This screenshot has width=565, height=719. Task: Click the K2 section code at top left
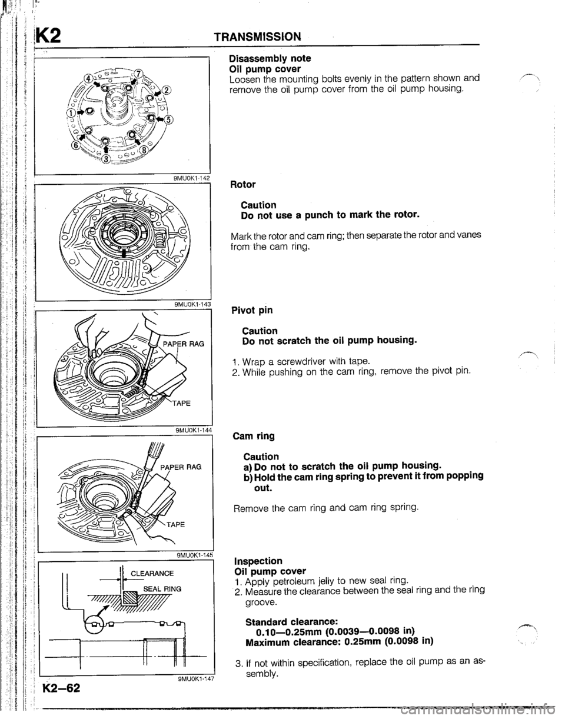click(49, 35)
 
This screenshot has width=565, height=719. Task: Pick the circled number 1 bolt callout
click(70, 113)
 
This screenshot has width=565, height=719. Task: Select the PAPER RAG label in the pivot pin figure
click(184, 344)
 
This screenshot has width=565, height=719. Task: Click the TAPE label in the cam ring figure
click(176, 524)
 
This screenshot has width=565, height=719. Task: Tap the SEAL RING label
click(162, 589)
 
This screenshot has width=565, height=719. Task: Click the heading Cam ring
click(254, 437)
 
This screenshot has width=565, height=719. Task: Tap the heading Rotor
click(243, 184)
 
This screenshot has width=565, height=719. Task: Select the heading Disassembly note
click(270, 59)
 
